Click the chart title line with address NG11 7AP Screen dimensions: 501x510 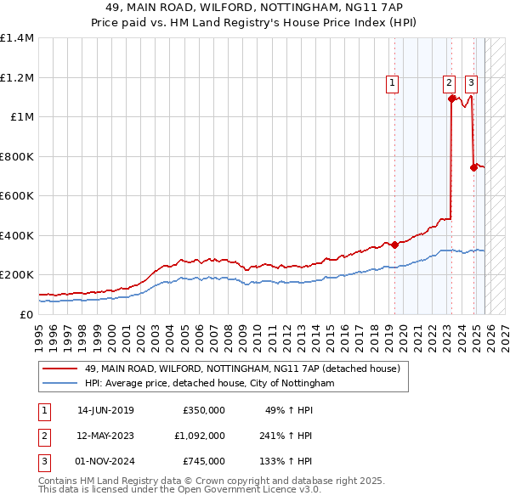tap(254, 8)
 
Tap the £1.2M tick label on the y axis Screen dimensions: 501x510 tap(17, 77)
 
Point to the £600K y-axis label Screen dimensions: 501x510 tap(17, 195)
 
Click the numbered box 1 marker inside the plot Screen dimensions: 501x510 tap(392, 82)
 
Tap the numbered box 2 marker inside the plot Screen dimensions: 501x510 tap(448, 82)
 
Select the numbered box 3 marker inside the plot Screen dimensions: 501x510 tap(471, 82)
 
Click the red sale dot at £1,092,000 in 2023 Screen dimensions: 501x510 tap(450, 99)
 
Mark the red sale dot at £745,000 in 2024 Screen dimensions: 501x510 tap(473, 167)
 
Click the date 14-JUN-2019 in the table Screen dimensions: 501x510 tap(105, 410)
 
